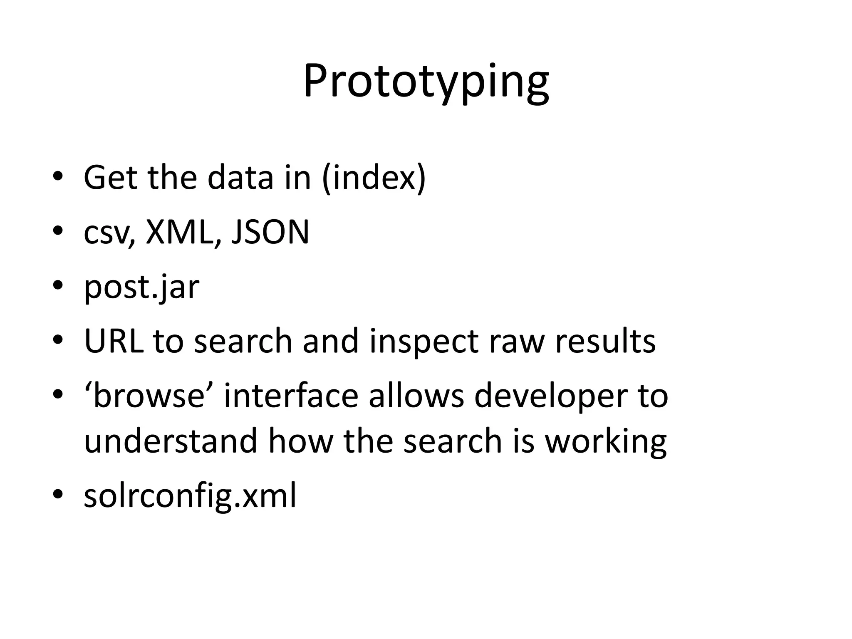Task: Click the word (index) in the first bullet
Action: point(374,178)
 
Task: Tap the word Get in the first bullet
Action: point(110,178)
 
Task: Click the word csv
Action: point(109,233)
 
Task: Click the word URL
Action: point(114,341)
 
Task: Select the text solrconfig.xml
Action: point(190,496)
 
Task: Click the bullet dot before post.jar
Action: point(58,286)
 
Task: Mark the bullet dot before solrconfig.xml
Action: point(58,494)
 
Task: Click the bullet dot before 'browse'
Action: point(58,394)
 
